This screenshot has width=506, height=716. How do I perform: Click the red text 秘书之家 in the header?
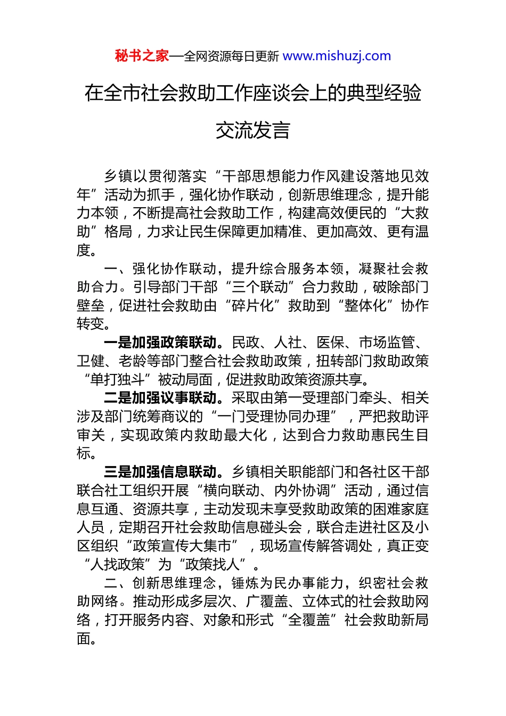click(142, 56)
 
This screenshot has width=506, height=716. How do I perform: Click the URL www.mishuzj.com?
click(337, 56)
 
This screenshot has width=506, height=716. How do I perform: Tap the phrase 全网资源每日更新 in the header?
click(231, 56)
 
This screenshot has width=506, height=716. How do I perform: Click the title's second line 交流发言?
click(252, 131)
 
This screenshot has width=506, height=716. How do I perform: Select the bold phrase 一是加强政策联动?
click(160, 343)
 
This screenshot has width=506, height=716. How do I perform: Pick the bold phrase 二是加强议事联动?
click(160, 398)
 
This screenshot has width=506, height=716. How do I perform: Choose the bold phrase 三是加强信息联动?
click(160, 472)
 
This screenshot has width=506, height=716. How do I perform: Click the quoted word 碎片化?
click(252, 306)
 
